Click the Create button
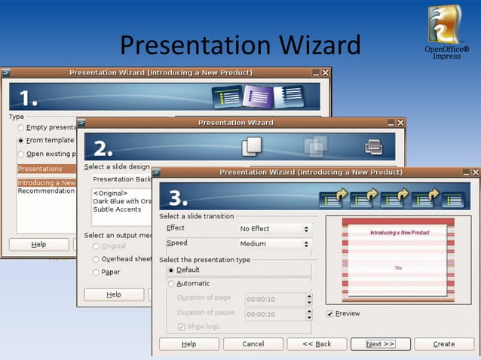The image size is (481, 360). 444,343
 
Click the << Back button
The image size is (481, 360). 317,343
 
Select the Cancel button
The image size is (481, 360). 253,343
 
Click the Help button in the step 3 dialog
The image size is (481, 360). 189,343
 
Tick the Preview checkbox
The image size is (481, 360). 330,313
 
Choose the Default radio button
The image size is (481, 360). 171,270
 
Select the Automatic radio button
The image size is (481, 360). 171,284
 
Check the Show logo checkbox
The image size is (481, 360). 181,327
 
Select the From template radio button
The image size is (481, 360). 21,140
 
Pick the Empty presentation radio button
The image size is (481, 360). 21,127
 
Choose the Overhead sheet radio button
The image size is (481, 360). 96,259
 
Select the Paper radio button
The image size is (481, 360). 96,272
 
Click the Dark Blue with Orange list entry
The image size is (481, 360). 121,201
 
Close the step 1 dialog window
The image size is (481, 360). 326,73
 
